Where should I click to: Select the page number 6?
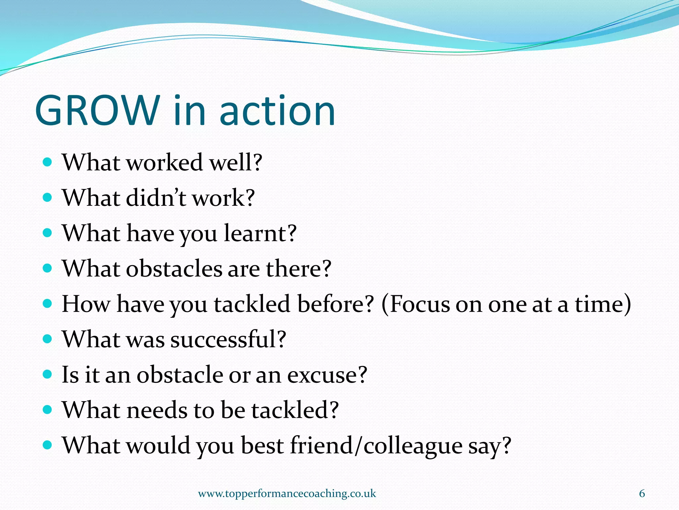pyautogui.click(x=642, y=494)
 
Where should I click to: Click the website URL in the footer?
pyautogui.click(x=287, y=494)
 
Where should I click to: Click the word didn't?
pyautogui.click(x=156, y=198)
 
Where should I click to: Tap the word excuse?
pyautogui.click(x=327, y=375)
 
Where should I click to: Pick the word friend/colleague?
pyautogui.click(x=376, y=446)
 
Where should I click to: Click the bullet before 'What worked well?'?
pyautogui.click(x=48, y=162)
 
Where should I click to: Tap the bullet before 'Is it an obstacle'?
pyautogui.click(x=48, y=375)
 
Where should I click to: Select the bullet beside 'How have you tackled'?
pyautogui.click(x=48, y=304)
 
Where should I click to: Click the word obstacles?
pyautogui.click(x=174, y=268)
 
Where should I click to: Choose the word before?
pyautogui.click(x=335, y=304)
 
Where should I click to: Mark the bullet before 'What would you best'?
pyautogui.click(x=48, y=445)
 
